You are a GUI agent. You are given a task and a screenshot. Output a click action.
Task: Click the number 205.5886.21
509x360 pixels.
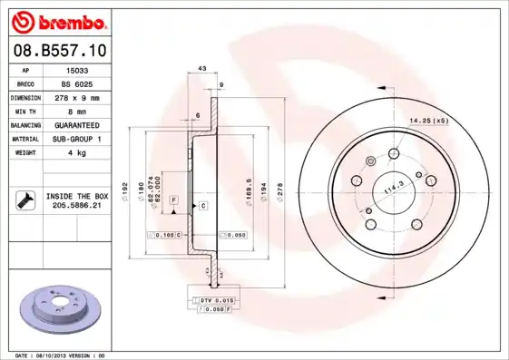click(x=77, y=206)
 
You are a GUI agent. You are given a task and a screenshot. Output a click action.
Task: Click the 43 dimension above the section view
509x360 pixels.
click(x=201, y=69)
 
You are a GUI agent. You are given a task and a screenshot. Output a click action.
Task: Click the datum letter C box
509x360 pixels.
click(x=203, y=206)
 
